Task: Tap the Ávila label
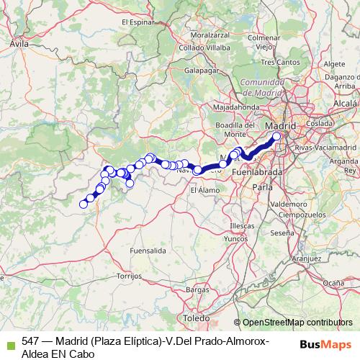coord(19,44)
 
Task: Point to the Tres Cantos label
coord(281,62)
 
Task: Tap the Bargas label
coord(196,289)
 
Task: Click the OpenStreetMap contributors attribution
coord(297,323)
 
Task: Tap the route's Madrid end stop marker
coord(276,135)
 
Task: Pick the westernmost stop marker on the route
coord(83,204)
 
